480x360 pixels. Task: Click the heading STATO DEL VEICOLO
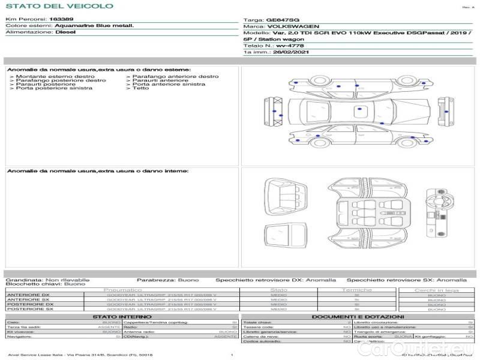pos(59,6)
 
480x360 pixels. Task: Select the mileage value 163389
pos(61,19)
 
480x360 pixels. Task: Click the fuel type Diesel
pos(65,32)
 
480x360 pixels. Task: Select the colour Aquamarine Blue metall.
pos(94,26)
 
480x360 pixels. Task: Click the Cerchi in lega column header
pos(436,290)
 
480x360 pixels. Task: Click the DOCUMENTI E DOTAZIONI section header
pos(358,317)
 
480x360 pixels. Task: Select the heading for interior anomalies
pos(98,172)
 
